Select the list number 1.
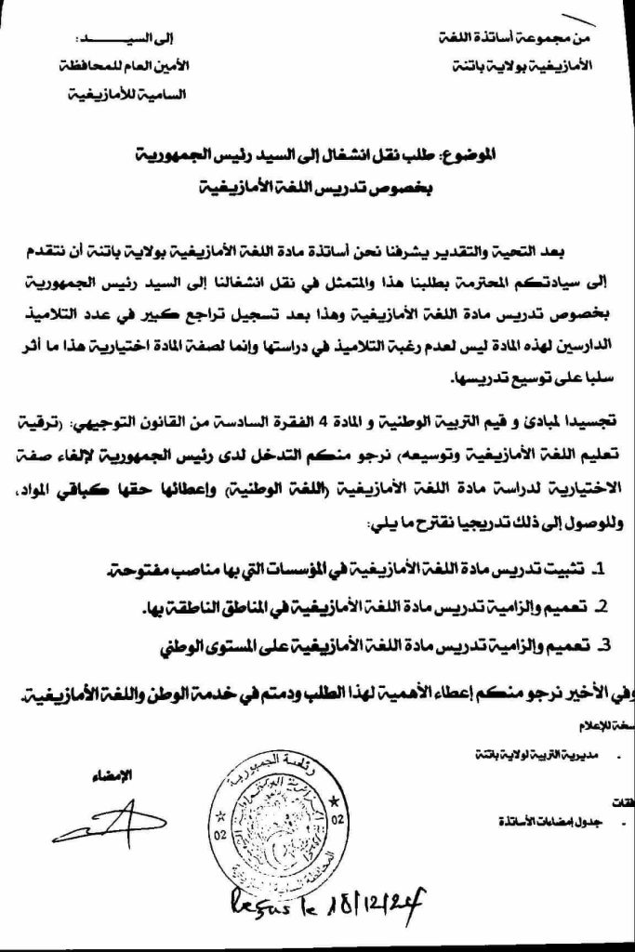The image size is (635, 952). (x=600, y=568)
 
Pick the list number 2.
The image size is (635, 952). (x=602, y=606)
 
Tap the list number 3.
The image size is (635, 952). (x=603, y=643)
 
